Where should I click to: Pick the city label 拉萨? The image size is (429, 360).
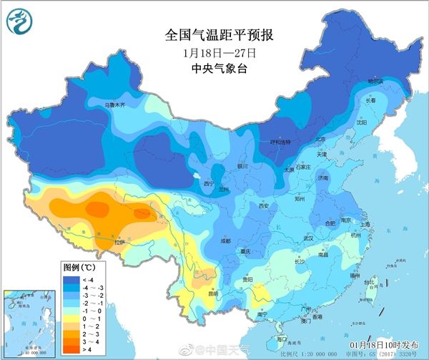tap(119, 243)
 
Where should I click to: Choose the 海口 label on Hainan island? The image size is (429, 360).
tap(282, 339)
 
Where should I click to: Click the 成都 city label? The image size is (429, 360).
tap(225, 240)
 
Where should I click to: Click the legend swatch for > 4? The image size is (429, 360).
tap(69, 349)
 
